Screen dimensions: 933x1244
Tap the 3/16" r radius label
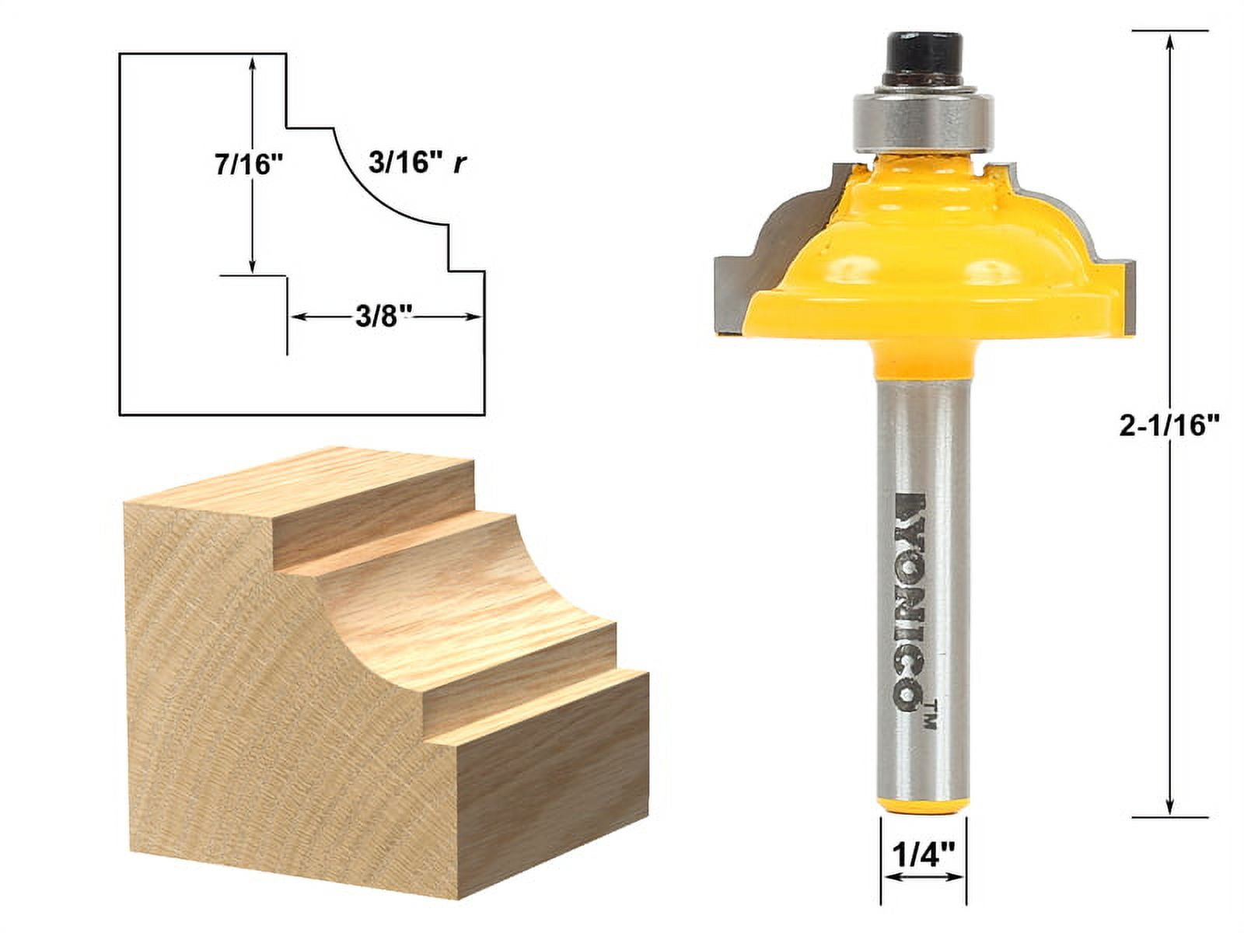coord(416,164)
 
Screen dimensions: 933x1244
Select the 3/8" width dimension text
coord(383,316)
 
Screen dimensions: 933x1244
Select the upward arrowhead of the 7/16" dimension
coord(252,62)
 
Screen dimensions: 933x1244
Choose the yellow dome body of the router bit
coord(925,257)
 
